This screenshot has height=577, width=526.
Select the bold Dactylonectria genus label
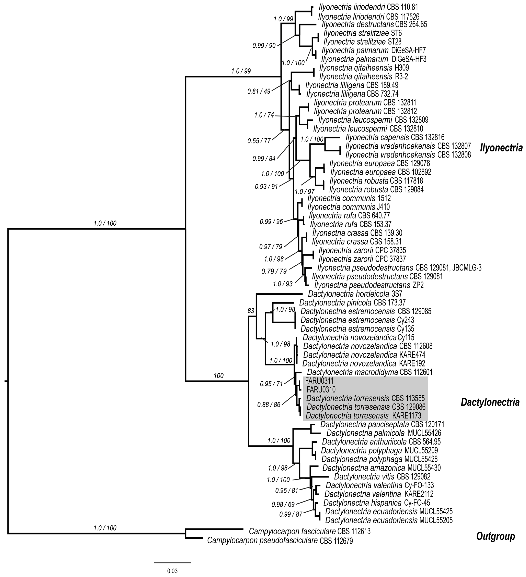490,402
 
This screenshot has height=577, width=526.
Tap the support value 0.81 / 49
259,92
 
